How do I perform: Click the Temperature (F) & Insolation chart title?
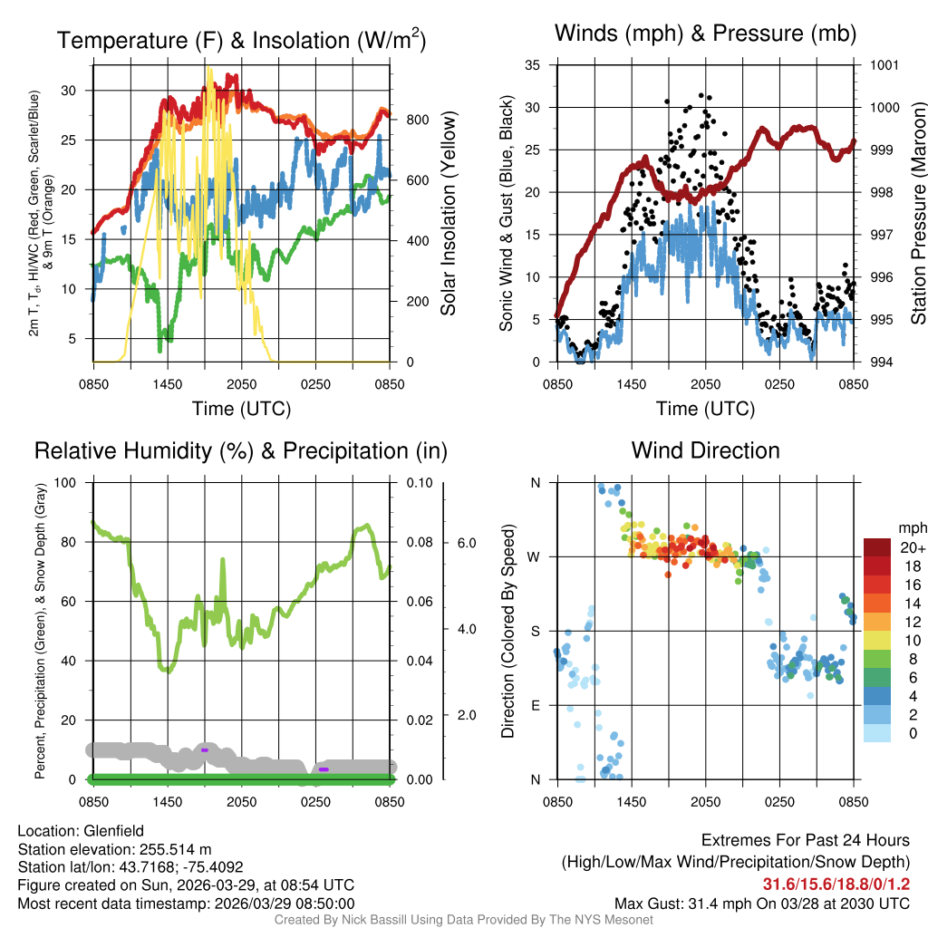coord(241,41)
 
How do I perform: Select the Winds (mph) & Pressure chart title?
coord(705,34)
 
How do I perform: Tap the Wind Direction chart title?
coord(705,450)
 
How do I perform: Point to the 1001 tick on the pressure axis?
coord(883,65)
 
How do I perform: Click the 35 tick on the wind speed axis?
coord(533,65)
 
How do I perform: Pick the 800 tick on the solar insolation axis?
coord(417,120)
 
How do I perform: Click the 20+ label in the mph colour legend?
coord(912,547)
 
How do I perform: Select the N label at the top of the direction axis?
coord(535,483)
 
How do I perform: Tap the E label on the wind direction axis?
coord(535,705)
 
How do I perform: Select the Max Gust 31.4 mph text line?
coord(762,903)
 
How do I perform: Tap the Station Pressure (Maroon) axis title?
coord(917,214)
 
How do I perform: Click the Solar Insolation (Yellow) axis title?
coord(448,214)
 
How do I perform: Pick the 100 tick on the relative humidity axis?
coord(65,483)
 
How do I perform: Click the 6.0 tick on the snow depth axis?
coord(465,543)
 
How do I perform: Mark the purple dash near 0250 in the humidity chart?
coord(323,769)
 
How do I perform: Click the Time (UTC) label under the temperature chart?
coord(241,409)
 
